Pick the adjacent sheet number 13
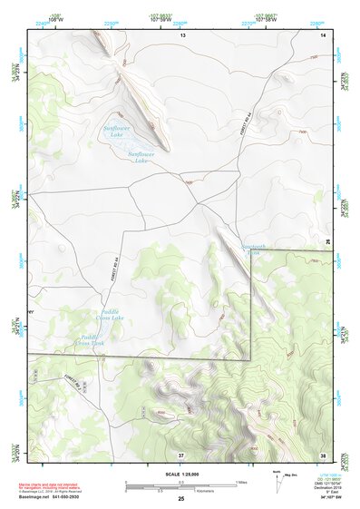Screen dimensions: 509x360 181,34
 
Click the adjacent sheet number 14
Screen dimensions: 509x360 324,34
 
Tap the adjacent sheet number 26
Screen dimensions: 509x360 328,240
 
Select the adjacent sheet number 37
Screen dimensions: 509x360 181,454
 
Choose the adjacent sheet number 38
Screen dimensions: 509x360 323,454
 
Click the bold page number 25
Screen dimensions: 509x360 181,499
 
